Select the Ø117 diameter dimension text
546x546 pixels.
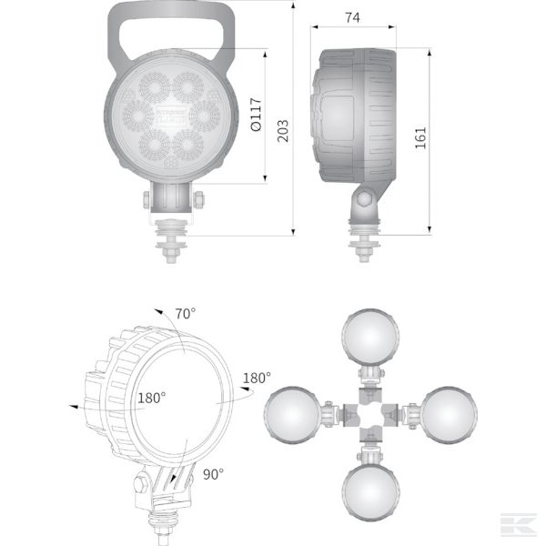[255, 116]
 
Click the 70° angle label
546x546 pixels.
[186, 314]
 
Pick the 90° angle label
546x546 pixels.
[213, 473]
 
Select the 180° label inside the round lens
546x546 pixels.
[151, 398]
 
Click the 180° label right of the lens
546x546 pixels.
[256, 378]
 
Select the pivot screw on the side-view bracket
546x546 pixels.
[364, 198]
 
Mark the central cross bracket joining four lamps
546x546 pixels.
[370, 416]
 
